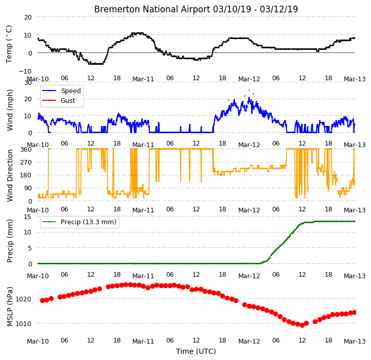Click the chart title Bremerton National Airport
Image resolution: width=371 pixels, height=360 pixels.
point(152,9)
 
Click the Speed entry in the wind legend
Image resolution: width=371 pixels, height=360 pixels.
point(70,91)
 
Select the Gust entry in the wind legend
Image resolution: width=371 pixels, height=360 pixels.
point(68,100)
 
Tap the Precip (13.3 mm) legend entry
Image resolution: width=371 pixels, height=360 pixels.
point(89,222)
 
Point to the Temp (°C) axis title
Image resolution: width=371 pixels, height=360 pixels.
point(9,44)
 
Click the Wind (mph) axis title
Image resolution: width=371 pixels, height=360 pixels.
point(9,110)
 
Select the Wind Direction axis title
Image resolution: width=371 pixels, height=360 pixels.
point(9,175)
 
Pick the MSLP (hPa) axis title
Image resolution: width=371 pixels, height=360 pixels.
point(9,307)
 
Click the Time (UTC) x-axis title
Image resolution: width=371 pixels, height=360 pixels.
point(196,351)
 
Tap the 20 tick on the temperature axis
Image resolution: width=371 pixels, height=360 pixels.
point(28,17)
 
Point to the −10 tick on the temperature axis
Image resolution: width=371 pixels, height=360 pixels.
point(25,71)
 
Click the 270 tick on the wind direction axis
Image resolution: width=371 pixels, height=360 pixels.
point(26,163)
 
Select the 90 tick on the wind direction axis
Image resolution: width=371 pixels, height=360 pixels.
point(28,188)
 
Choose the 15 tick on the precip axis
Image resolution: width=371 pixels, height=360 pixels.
point(28,217)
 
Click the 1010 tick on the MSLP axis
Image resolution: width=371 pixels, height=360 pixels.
point(24,323)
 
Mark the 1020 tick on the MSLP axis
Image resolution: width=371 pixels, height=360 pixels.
point(24,299)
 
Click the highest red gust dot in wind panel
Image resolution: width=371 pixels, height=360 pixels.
point(249,91)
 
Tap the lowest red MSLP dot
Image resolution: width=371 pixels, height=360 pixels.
point(302,326)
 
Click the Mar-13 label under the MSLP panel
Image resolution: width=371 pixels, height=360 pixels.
point(355,341)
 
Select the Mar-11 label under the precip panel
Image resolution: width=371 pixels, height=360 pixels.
point(143,276)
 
